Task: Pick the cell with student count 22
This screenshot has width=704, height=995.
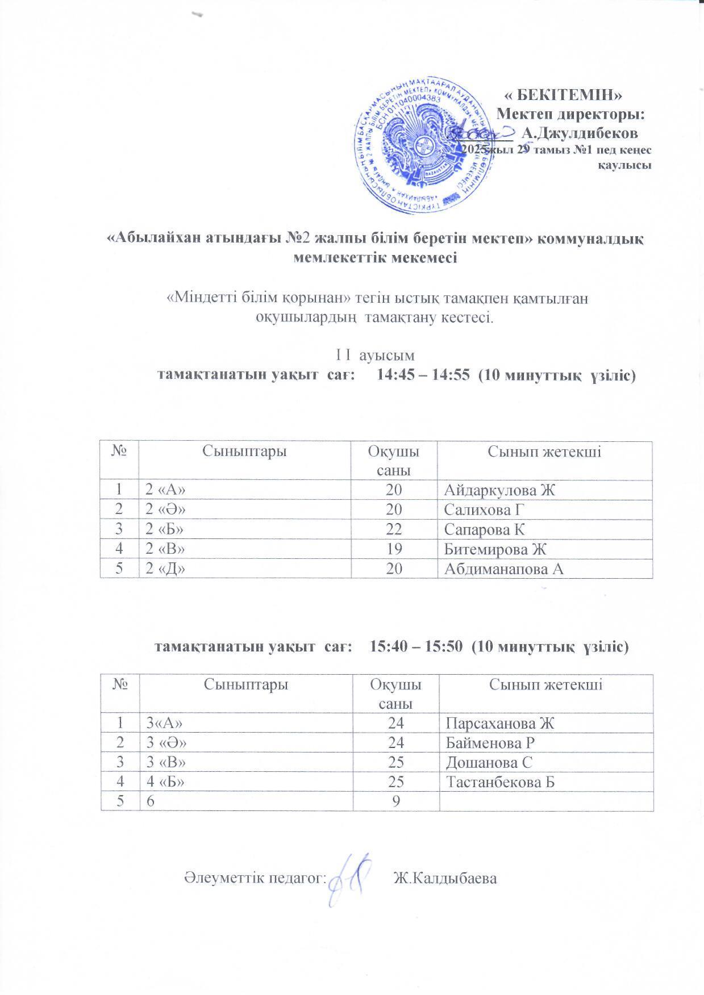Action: pos(394,529)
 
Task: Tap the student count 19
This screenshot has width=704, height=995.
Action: pos(394,549)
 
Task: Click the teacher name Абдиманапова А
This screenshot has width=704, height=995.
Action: pos(504,568)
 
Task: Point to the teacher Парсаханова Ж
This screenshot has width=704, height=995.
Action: pos(499,723)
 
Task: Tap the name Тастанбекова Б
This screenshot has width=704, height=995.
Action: pos(500,781)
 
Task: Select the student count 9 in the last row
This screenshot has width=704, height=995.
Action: pos(395,801)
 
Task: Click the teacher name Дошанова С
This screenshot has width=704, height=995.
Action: pos(489,762)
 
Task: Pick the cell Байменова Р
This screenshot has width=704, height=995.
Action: pos(490,742)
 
